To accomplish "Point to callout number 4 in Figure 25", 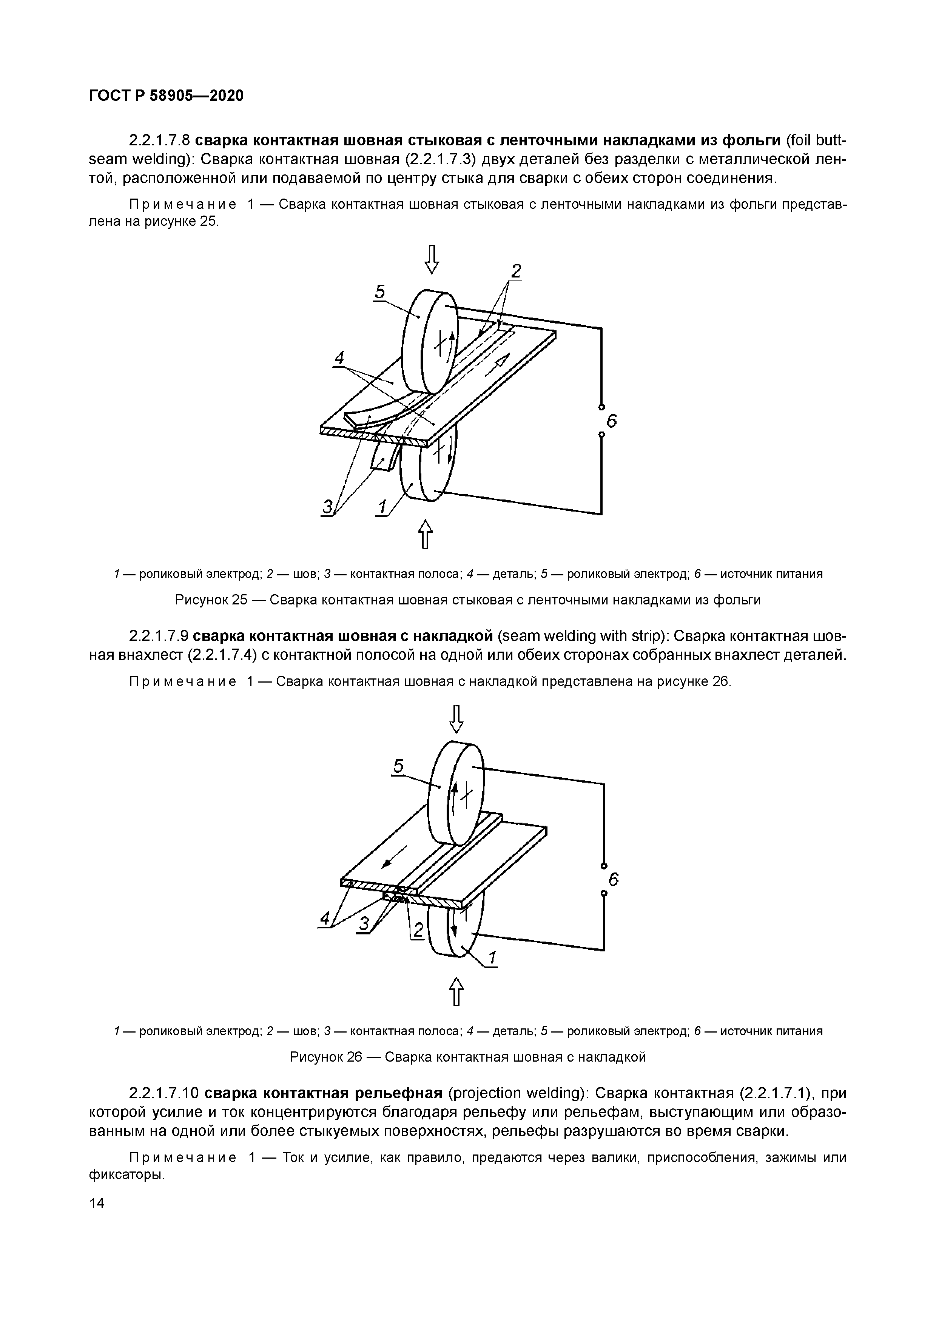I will click(x=339, y=358).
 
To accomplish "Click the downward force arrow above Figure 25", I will click(x=432, y=259).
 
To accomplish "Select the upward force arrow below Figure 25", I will click(x=425, y=534).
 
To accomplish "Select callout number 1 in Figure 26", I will click(x=492, y=958).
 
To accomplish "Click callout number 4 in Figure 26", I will click(x=325, y=917).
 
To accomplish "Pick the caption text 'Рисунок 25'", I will click(x=211, y=600).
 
